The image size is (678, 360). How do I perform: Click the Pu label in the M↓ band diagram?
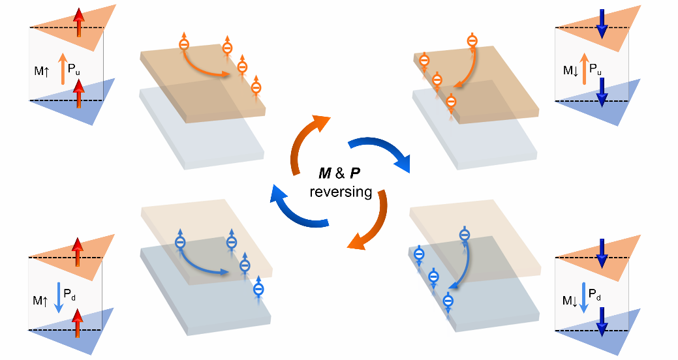[x=595, y=68]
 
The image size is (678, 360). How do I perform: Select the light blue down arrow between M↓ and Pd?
[x=585, y=297]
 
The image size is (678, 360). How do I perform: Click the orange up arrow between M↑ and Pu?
[x=63, y=68]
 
